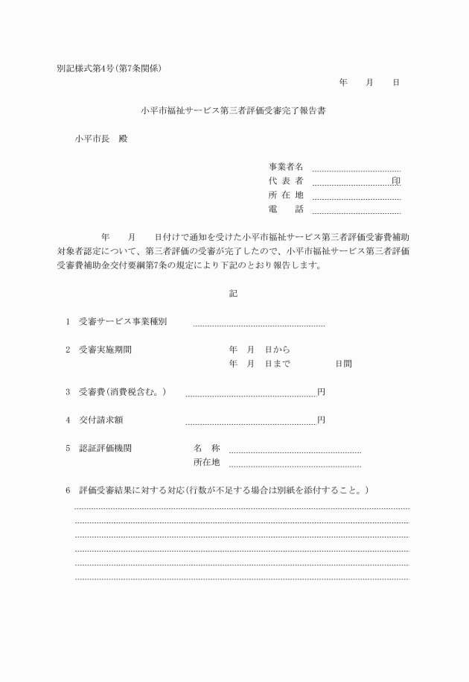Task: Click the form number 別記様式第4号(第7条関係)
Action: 109,69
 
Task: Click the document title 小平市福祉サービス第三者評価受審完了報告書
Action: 233,111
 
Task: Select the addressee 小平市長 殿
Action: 100,139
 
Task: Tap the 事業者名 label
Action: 286,167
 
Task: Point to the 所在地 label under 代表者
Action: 286,195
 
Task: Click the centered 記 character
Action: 233,294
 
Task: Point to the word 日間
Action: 343,364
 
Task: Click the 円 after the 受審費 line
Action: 321,391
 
